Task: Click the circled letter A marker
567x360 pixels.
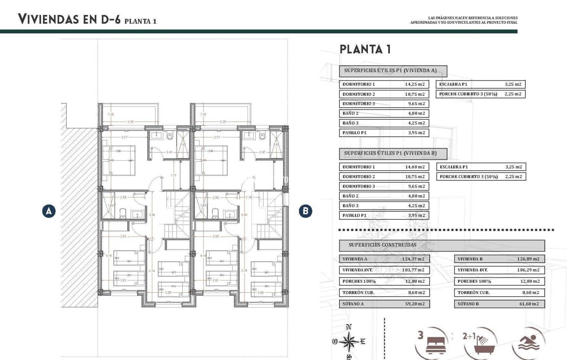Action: coord(49,211)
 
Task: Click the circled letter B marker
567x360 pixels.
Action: coord(305,211)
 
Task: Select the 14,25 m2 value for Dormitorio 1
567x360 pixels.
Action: coord(415,84)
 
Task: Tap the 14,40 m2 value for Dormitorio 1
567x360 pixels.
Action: coord(415,167)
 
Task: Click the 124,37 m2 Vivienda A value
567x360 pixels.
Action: coord(413,259)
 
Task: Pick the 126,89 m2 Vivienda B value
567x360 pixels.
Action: coord(528,259)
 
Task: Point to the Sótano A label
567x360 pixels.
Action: coord(353,304)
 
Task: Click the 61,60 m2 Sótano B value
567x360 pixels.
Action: coord(529,304)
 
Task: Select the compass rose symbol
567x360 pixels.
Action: coord(349,342)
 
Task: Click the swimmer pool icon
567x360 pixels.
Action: coord(529,343)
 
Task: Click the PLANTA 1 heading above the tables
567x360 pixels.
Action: coord(365,49)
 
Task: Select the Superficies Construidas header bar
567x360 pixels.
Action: coord(442,245)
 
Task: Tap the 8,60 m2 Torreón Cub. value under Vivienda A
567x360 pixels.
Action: coord(416,293)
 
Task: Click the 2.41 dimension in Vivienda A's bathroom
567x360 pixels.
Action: coord(169,152)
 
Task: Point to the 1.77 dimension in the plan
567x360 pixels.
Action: coord(173,175)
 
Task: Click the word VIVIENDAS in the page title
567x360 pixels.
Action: coord(48,19)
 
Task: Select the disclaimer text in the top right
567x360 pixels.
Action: coord(464,20)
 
